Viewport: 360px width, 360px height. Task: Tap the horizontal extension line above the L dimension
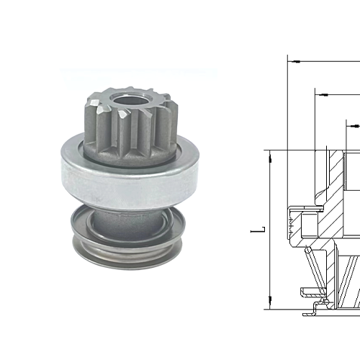tap(288, 150)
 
